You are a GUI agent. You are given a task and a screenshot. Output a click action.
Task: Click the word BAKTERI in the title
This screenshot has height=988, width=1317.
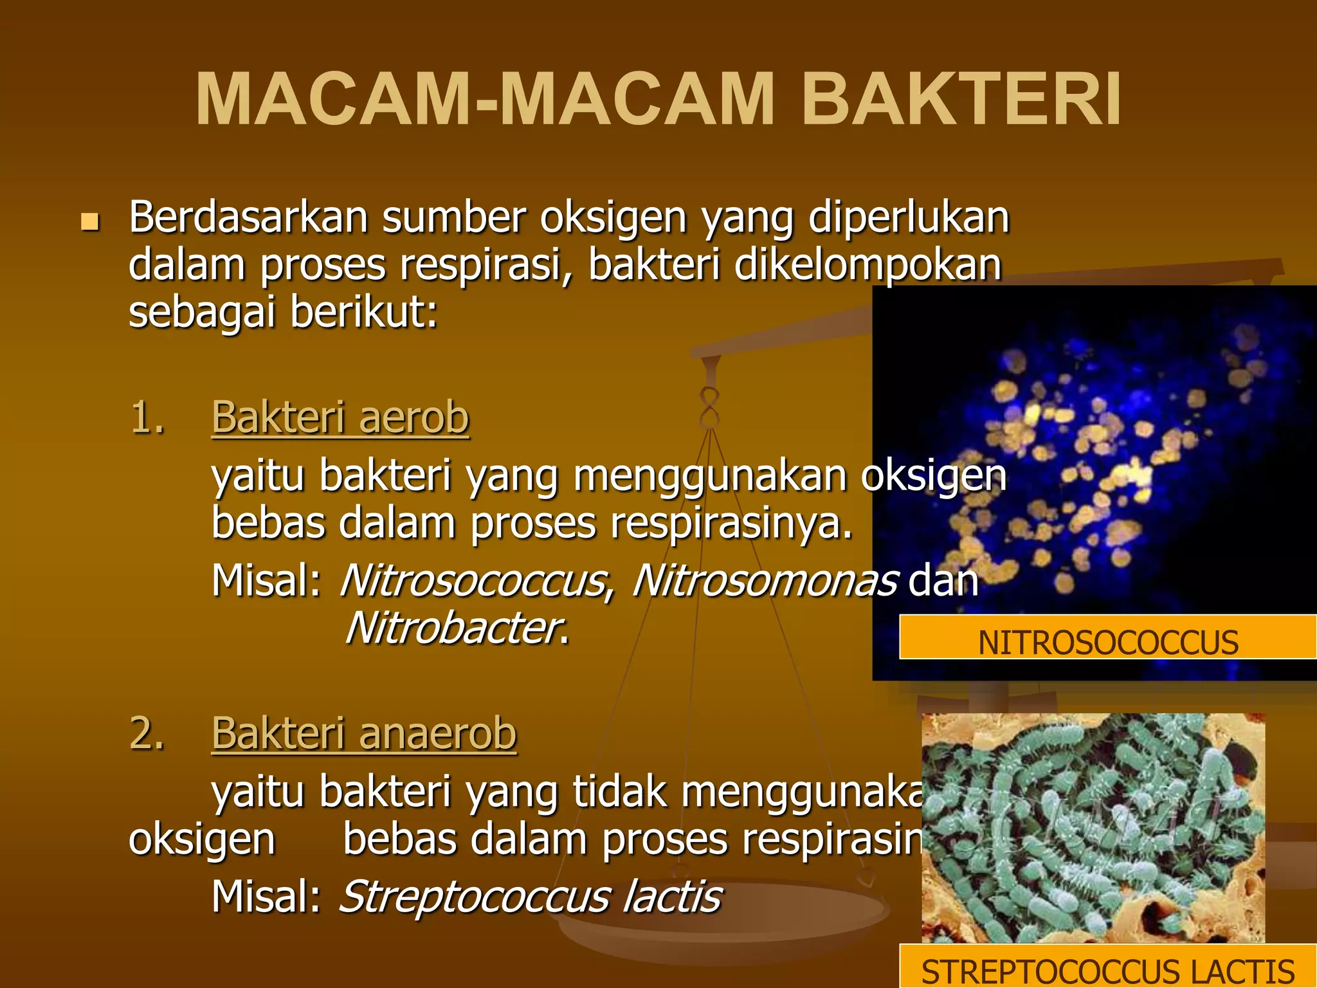tap(961, 100)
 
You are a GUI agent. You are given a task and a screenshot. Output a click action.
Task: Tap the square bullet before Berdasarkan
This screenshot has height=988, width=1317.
tap(90, 222)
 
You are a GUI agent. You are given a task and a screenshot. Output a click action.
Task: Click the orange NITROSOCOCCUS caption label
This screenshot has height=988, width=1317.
tap(1107, 642)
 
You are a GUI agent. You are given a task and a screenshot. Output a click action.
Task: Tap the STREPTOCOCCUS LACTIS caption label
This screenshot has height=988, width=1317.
tap(1107, 970)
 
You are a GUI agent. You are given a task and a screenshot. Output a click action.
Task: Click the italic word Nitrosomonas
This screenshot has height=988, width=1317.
tap(765, 580)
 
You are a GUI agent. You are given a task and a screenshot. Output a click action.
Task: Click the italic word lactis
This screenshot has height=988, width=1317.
tap(672, 896)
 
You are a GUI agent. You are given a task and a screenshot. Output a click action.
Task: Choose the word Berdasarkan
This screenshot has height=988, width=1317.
tap(248, 217)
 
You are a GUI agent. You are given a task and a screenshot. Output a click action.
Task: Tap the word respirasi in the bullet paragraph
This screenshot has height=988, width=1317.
tap(484, 264)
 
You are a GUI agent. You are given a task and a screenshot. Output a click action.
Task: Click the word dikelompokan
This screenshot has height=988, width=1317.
tap(868, 264)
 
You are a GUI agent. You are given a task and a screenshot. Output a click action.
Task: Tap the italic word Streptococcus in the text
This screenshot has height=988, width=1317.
tap(475, 896)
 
